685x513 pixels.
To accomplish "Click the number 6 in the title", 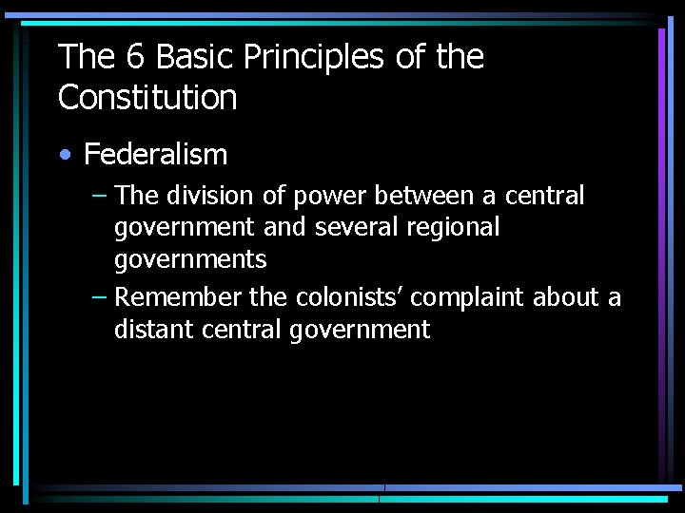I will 134,57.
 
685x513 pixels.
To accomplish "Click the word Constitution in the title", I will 147,97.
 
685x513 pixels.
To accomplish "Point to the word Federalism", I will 156,154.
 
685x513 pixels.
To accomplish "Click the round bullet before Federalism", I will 66,155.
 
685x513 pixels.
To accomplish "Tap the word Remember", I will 178,297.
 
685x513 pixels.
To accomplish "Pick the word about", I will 568,297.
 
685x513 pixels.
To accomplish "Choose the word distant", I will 148,330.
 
